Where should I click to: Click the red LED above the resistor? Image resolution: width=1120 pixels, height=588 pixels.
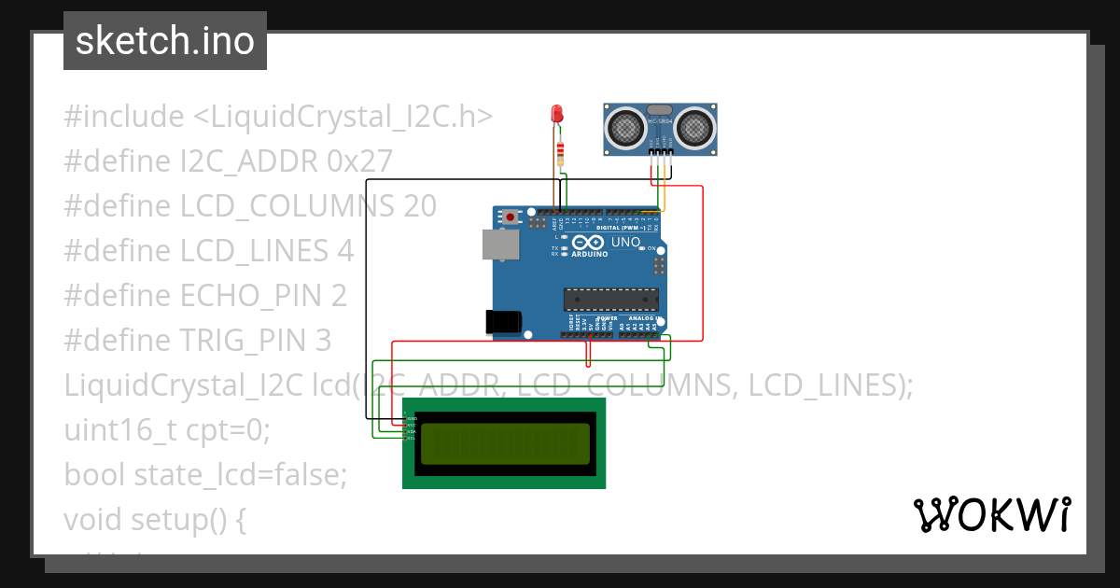[x=557, y=114]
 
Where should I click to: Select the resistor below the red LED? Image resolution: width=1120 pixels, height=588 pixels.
[x=560, y=151]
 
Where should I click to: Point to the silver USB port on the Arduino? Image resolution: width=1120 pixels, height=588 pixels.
[x=499, y=245]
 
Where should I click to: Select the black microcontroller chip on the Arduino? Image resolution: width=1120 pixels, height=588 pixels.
[x=610, y=299]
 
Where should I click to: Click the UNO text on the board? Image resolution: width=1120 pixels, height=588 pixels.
[x=625, y=243]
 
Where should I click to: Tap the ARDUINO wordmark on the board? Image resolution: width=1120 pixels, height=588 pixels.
[x=589, y=254]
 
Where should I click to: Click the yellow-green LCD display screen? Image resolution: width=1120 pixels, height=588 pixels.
[x=505, y=443]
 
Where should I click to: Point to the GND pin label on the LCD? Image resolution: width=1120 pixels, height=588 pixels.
[x=412, y=419]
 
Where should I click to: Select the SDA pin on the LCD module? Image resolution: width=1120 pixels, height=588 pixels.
[x=412, y=431]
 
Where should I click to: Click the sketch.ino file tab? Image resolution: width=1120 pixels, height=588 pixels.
[x=165, y=41]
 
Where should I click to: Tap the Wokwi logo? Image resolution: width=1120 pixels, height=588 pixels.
[x=991, y=514]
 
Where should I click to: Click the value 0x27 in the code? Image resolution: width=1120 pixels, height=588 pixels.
[x=359, y=161]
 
